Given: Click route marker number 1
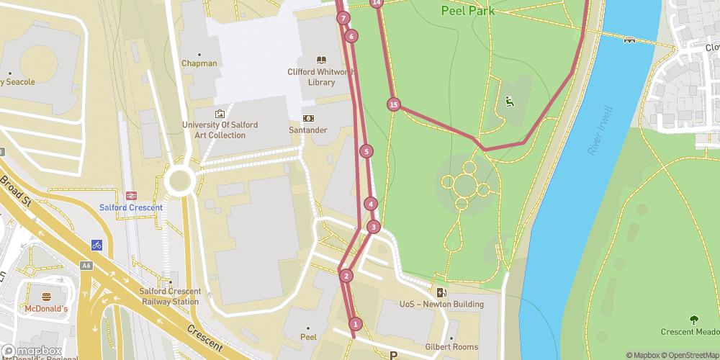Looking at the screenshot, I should point(355,324).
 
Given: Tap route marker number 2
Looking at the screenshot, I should point(346,276).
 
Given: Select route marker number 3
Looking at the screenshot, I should point(373,228).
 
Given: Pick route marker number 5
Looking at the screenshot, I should point(367,151).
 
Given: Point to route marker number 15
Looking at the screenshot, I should point(393,105).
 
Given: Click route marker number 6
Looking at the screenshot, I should point(351,36).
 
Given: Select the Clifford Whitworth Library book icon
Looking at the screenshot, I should point(321,60).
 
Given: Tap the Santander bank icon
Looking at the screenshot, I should point(309,118).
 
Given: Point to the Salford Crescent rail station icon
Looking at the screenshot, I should point(132,194).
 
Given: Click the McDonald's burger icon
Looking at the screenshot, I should point(47,297).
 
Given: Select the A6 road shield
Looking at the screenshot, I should point(86,266).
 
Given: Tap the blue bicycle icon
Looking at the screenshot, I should point(96,245).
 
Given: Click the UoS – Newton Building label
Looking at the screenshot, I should point(441,304).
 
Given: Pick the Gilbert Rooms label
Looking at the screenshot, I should point(452,346).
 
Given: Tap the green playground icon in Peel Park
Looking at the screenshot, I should point(510,102).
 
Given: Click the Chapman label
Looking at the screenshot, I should point(199,63).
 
